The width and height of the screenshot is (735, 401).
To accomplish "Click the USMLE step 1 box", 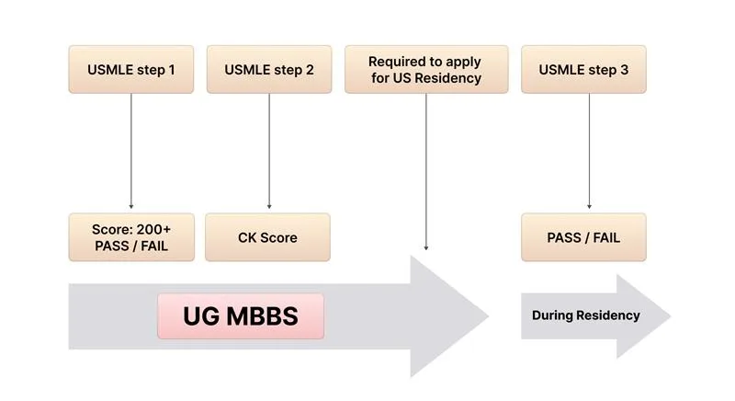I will point(130,69).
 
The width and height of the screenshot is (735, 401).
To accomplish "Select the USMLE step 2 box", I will point(268,69).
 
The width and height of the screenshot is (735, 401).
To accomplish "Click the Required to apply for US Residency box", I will point(424,69).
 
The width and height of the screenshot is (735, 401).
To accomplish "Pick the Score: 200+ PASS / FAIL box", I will point(130,237).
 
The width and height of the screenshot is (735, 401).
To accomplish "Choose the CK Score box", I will point(268,237).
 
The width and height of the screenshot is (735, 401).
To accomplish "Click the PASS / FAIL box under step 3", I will point(583,237).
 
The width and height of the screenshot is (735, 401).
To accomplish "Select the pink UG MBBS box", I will point(241,315).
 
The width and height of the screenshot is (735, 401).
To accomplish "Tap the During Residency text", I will point(585,315).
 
